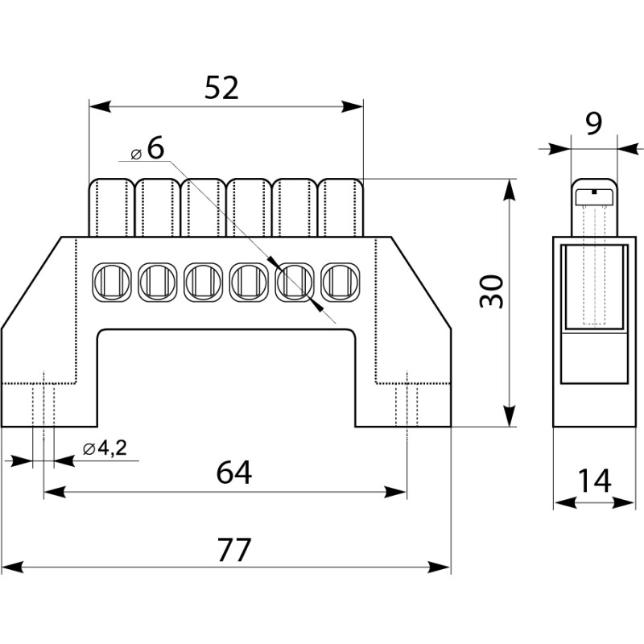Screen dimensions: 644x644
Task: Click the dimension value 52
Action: coord(221,87)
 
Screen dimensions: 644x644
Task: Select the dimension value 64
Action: coord(234,473)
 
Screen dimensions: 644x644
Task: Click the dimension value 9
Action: coord(593,124)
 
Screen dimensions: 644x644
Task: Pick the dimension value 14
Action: coord(594,481)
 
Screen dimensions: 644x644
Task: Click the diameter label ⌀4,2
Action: coord(105,449)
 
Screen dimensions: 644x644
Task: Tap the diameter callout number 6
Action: coord(155,147)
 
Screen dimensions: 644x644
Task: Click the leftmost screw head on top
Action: coord(110,206)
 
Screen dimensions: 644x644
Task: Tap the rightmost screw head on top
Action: coord(341,206)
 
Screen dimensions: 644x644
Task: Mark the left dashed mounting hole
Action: coord(43,399)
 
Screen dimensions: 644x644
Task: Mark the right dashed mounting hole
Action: coord(407,399)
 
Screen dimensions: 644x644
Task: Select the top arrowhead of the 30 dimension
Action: coord(509,187)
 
